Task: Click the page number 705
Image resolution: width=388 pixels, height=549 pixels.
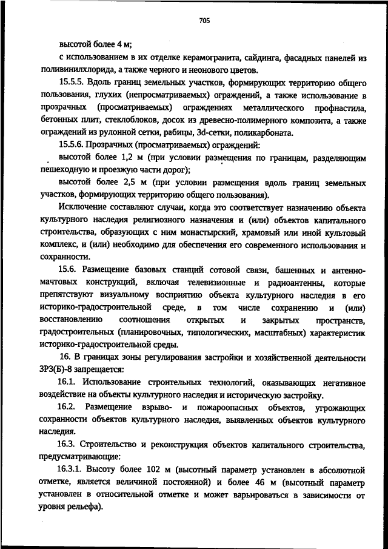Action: click(204, 21)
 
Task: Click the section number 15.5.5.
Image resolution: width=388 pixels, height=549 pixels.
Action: click(73, 81)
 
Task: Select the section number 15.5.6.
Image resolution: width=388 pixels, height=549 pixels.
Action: click(73, 145)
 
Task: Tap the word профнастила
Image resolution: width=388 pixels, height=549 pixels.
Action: click(337, 108)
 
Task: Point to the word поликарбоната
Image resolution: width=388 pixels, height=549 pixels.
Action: click(264, 133)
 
